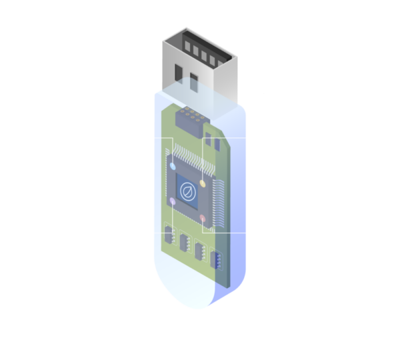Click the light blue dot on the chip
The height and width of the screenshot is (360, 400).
point(173,166)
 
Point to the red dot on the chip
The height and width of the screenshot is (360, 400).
point(203,217)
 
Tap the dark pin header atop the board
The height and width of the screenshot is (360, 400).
point(189,119)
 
